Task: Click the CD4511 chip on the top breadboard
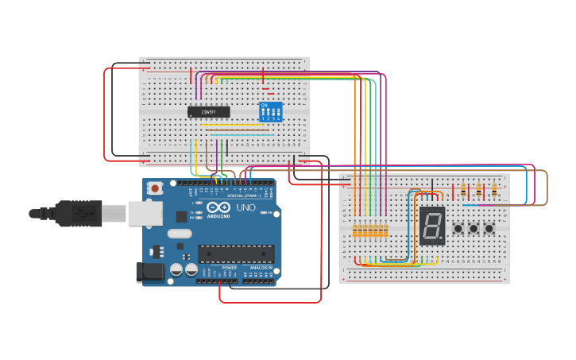[208, 112]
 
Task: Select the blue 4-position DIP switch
[271, 112]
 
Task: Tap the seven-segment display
[432, 225]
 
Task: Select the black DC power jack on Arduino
[149, 272]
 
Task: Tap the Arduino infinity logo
[218, 207]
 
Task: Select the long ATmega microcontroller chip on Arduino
[236, 254]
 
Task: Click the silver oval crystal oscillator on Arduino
[180, 234]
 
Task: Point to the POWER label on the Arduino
[229, 268]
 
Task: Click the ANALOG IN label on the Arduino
[259, 268]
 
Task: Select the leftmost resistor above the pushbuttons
[463, 190]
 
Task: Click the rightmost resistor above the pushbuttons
[494, 190]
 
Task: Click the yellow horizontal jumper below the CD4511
[230, 125]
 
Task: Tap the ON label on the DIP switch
[265, 104]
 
